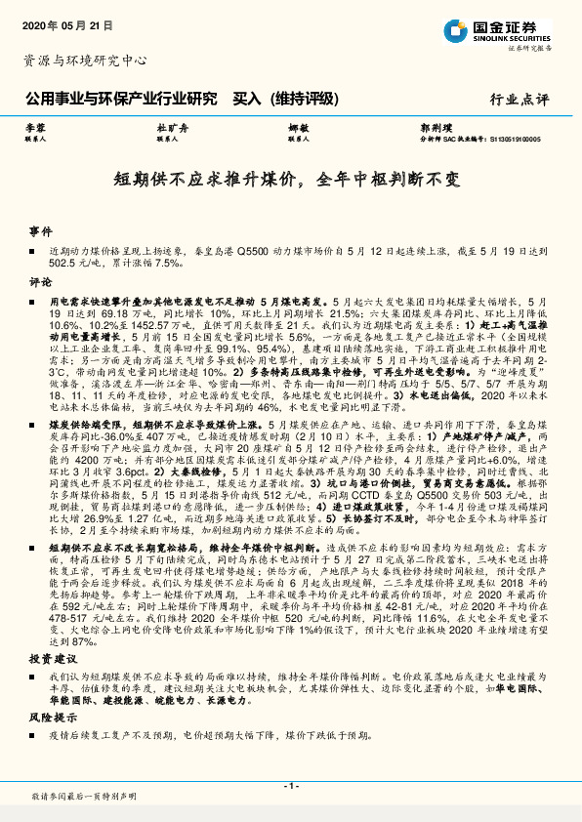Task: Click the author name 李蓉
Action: (35, 128)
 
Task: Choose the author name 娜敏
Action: (298, 128)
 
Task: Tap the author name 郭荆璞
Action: (434, 128)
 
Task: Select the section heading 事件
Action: (40, 232)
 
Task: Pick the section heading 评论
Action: (40, 281)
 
